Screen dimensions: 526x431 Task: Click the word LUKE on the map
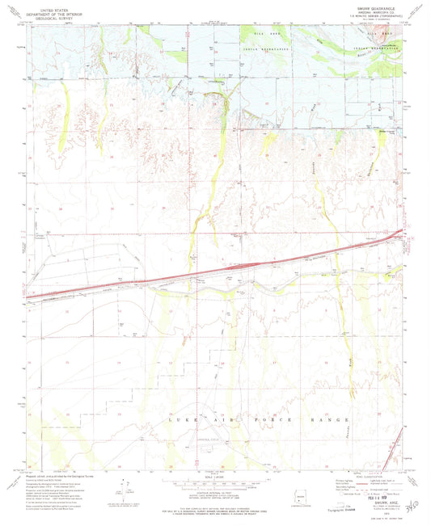point(173,421)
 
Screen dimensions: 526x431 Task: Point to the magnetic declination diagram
point(125,489)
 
